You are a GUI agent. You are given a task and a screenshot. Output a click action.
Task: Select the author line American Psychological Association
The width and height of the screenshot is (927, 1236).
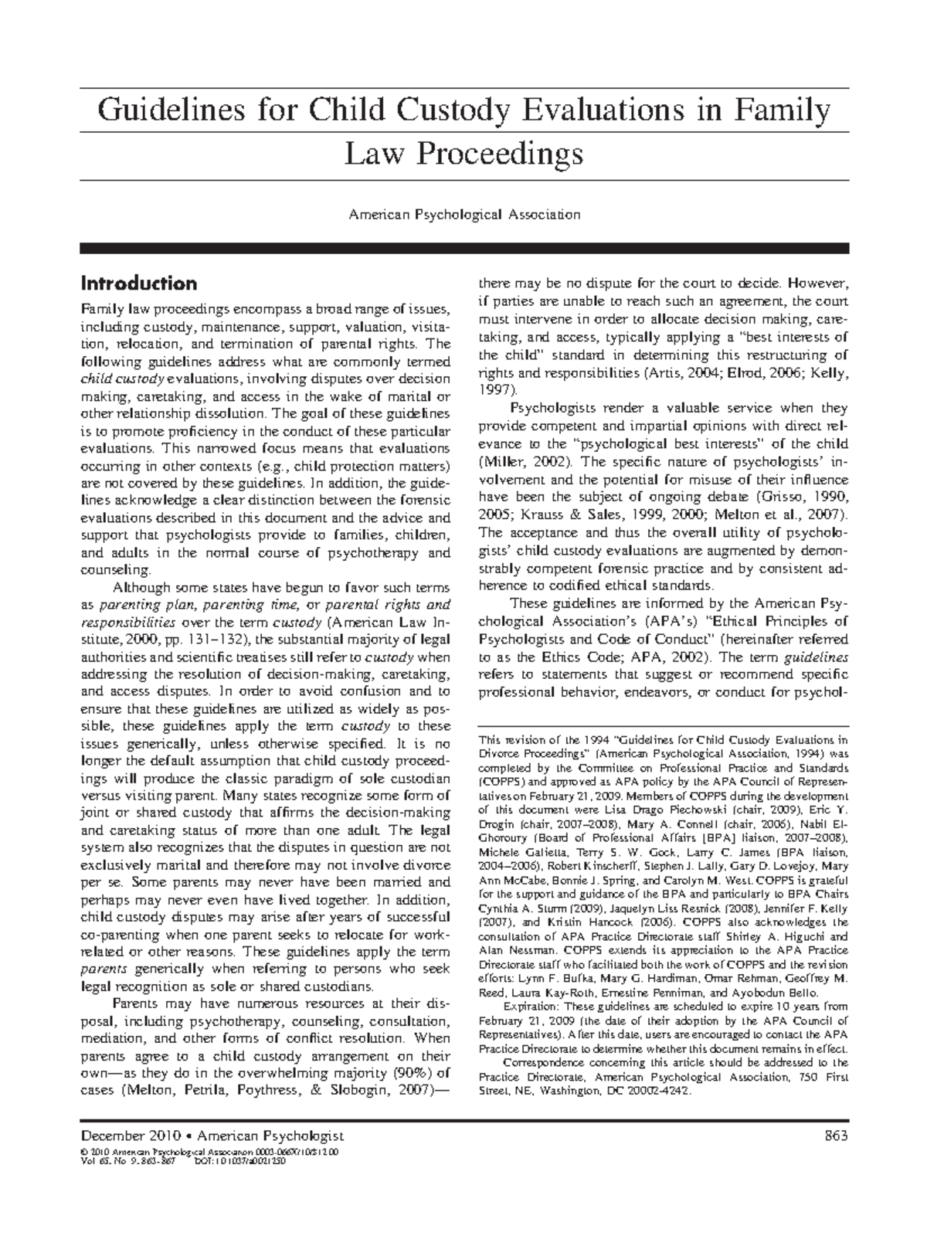[x=463, y=214]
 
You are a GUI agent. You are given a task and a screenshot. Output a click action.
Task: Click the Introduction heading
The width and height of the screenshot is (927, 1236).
[x=138, y=283]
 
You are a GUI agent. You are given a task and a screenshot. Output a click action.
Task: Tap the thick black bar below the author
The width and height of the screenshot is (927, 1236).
[x=463, y=248]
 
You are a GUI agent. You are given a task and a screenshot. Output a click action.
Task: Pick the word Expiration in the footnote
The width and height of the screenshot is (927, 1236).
[x=532, y=1007]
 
